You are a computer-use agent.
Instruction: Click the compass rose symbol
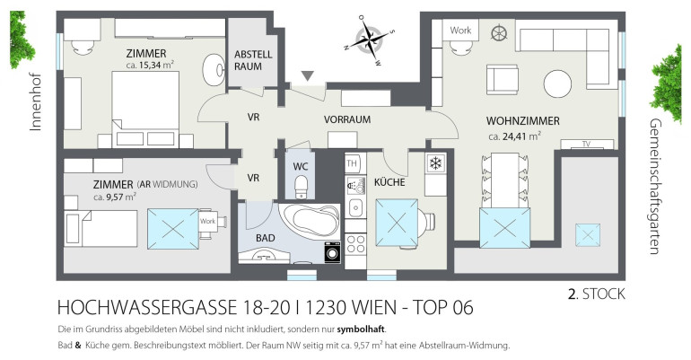tap(370, 40)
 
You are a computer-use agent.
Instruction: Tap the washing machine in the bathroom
tap(332, 252)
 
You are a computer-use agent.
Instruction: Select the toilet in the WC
tap(301, 187)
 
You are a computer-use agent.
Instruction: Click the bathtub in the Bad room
tap(310, 221)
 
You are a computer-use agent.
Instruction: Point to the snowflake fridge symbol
tap(436, 163)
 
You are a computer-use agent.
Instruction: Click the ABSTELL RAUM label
tap(253, 60)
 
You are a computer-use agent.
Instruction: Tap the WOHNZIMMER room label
tap(522, 120)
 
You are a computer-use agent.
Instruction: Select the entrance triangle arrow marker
tap(307, 76)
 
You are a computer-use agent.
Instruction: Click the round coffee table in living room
tap(557, 83)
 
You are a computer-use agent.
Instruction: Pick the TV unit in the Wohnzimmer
tap(587, 144)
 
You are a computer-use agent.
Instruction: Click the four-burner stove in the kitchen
tap(355, 243)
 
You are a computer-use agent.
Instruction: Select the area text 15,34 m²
tap(150, 66)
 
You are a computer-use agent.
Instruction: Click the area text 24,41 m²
tap(515, 136)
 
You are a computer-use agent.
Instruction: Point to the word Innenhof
tap(35, 101)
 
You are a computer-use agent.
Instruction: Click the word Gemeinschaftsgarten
tap(655, 186)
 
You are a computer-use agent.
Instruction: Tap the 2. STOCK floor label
tap(596, 294)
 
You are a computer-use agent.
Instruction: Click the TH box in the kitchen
tap(352, 163)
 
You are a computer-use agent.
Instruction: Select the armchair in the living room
tap(502, 79)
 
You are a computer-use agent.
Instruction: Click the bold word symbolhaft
tap(361, 329)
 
